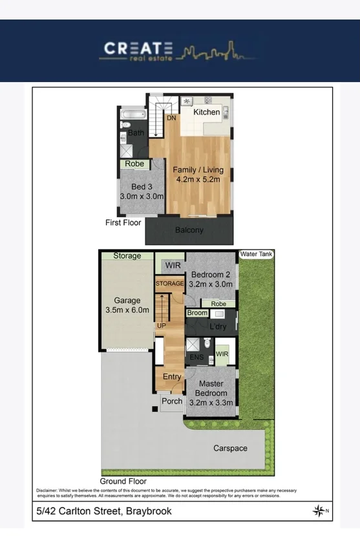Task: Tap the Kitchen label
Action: (x=207, y=113)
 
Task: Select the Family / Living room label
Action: (x=196, y=175)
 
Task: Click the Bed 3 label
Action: (x=141, y=191)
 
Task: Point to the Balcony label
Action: (x=189, y=230)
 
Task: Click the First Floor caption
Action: (x=123, y=222)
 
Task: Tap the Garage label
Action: (x=127, y=305)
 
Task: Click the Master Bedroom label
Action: (x=211, y=389)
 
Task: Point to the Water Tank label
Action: (x=257, y=254)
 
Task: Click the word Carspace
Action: (x=231, y=448)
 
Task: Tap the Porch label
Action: (x=172, y=402)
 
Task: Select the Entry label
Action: (x=172, y=377)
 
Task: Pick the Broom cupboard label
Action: (x=197, y=313)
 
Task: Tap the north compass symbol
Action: (x=319, y=511)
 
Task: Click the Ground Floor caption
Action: (x=123, y=481)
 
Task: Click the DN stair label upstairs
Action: (x=171, y=118)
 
